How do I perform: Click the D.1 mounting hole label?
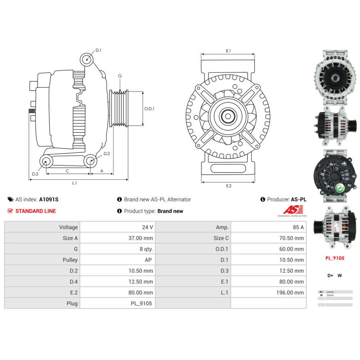[x=98, y=50]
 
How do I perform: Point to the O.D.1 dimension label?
[x=149, y=109]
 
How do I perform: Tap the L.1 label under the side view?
[x=74, y=183]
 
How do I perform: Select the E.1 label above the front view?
[x=228, y=51]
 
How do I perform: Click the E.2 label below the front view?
[x=229, y=186]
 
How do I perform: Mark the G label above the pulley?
[x=120, y=76]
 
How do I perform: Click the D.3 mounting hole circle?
[x=45, y=162]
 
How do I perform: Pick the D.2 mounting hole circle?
[x=91, y=161]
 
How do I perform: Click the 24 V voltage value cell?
[x=148, y=227]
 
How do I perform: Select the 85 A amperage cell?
[x=298, y=227]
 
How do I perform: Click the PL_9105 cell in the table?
[x=141, y=303]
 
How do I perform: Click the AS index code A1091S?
[x=49, y=199]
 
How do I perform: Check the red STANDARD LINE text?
[x=35, y=211]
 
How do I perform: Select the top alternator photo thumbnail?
[x=335, y=78]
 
